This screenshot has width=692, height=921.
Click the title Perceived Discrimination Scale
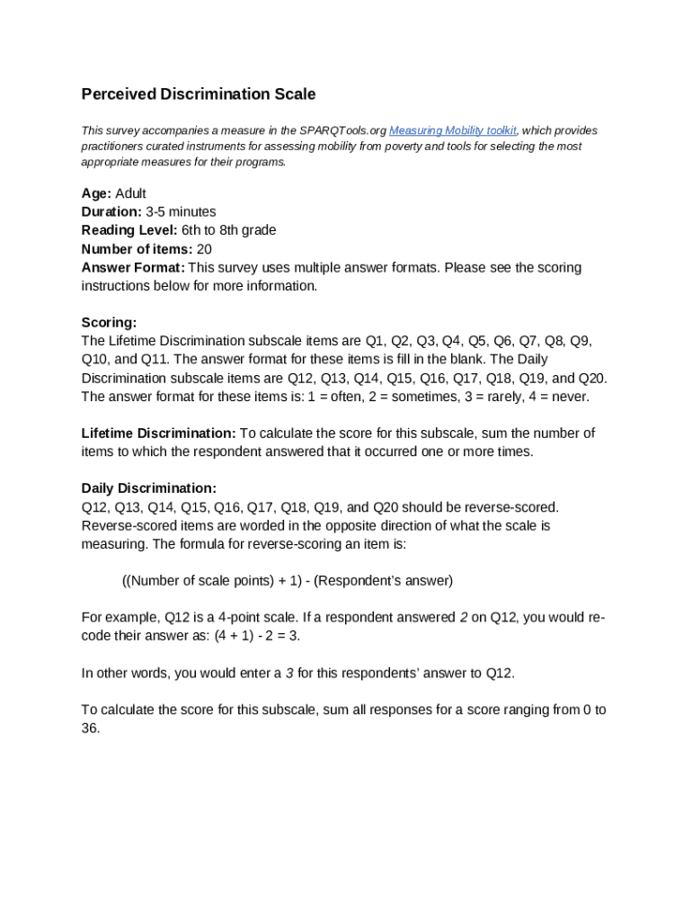(199, 94)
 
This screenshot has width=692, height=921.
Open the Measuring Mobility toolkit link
(452, 130)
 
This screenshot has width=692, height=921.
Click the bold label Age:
(96, 193)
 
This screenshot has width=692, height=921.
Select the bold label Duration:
(111, 212)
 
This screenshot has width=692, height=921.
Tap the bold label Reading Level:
(129, 230)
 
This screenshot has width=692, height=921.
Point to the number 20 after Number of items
(204, 249)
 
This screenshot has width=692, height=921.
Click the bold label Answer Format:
(133, 267)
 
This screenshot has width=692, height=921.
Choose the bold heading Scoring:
(109, 322)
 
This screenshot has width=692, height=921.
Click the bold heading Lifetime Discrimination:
(158, 434)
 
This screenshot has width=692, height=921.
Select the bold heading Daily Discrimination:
(148, 488)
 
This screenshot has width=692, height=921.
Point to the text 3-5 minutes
(181, 212)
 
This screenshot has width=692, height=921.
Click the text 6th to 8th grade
(228, 230)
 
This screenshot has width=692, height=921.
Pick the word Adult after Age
(130, 193)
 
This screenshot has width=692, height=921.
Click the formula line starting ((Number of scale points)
(287, 580)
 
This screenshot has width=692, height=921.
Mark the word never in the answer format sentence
(570, 397)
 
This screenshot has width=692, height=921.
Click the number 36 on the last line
(90, 729)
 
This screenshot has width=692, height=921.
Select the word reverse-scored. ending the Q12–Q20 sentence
(514, 507)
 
